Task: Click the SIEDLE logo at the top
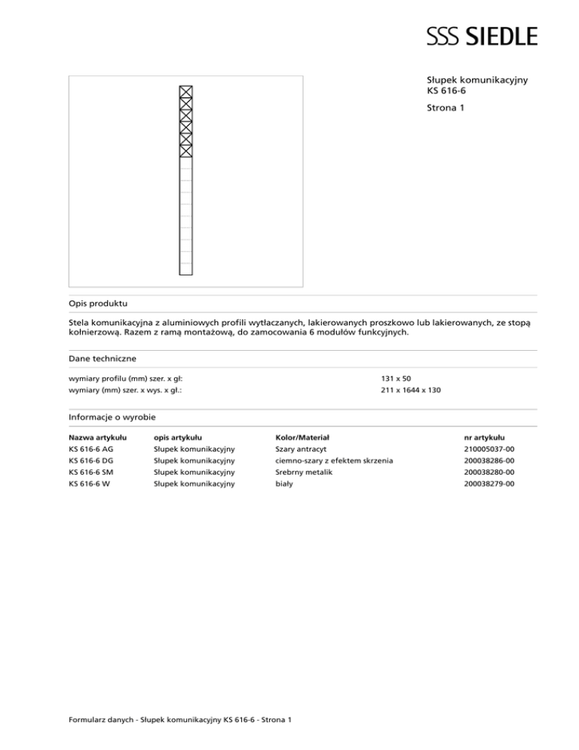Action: point(482,35)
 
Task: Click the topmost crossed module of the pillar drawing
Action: point(186,92)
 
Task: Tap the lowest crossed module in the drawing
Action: point(186,150)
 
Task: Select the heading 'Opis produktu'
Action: point(98,303)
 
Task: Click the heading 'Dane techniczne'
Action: point(102,359)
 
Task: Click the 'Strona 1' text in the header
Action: point(445,109)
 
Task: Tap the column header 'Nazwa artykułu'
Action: point(97,437)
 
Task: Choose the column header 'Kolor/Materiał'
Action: point(301,437)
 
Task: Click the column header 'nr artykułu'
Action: point(486,437)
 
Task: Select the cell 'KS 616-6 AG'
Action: point(92,449)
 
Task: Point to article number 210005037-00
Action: point(490,449)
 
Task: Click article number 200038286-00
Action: point(490,460)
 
